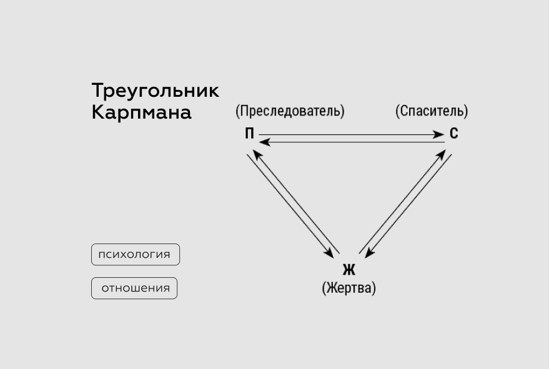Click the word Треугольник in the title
[x=155, y=91]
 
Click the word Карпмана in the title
[x=141, y=113]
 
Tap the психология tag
[x=135, y=254]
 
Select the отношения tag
[x=135, y=288]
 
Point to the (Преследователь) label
[x=290, y=111]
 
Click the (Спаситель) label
[x=432, y=111]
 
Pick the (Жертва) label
[x=349, y=288]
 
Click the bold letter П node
[x=249, y=134]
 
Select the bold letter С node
[x=454, y=134]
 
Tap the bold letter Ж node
[x=349, y=270]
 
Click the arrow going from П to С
[x=350, y=134]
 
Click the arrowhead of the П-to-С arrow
[x=438, y=134]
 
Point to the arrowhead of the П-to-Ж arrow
[x=329, y=253]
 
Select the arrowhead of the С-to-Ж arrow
[x=370, y=252]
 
